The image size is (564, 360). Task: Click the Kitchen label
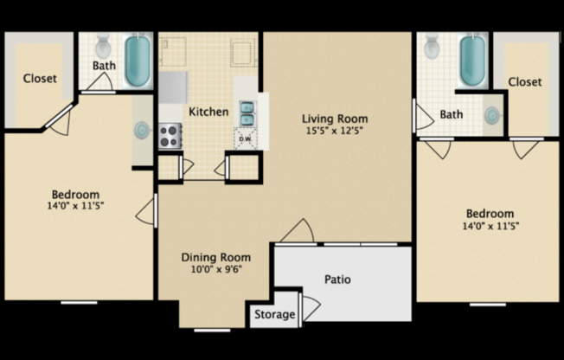208,112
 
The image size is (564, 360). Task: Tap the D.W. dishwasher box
246,138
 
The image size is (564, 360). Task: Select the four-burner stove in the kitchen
170,136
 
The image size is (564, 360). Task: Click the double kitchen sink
247,113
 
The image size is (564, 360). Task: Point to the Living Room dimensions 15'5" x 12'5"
335,131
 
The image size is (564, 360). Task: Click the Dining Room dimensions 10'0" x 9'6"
215,269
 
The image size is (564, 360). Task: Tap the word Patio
337,280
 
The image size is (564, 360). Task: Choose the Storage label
274,314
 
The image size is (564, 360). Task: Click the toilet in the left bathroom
104,46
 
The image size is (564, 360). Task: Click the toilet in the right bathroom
432,46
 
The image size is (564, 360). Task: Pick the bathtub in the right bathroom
472,60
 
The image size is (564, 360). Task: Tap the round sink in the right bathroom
491,116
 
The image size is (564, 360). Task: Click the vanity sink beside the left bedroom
141,130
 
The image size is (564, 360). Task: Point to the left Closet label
40,78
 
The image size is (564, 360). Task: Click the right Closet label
524,81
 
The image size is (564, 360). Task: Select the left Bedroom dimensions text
75,206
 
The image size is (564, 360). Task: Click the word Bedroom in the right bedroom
490,214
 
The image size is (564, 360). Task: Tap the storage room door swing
311,309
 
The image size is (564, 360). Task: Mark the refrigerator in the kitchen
173,87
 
